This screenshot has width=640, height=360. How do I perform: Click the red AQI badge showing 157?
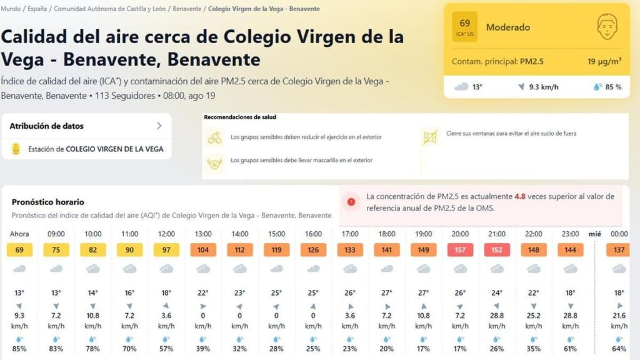pos(460,250)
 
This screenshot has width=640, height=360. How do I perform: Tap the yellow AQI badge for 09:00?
pos(56,250)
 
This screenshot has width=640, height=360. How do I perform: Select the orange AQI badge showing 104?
pos(203,250)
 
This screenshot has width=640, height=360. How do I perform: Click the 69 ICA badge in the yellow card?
pos(464,27)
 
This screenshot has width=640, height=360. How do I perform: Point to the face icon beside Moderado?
pos(606,27)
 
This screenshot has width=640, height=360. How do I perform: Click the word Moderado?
pos(508,27)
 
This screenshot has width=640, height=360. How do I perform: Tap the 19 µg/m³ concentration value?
pos(604,62)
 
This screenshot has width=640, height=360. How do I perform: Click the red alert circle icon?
pos(352,202)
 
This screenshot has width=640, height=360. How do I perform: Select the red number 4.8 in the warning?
pos(520,196)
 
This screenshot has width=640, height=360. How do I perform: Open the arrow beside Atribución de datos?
pos(159,126)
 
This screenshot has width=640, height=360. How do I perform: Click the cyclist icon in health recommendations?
pos(215,137)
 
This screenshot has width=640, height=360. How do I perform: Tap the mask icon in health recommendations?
pos(215,164)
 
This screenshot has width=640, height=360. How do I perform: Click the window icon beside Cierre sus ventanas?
pos(429,137)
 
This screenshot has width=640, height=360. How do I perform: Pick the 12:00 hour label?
pos(166,234)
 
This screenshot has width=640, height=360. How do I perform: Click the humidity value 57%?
pos(166,349)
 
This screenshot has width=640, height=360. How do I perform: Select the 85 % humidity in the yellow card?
pos(613,87)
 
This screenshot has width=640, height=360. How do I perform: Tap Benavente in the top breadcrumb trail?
pos(187,9)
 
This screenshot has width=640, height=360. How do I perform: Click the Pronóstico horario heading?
pos(48,202)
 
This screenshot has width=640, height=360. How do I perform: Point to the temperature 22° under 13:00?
pos(203,293)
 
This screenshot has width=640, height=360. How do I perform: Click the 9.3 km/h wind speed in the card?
pos(542,87)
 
